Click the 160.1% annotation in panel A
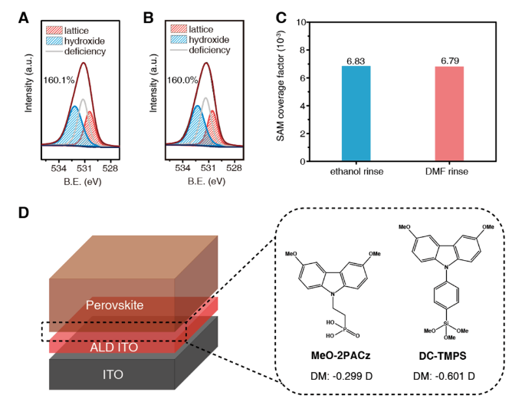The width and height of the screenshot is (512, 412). point(58,79)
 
